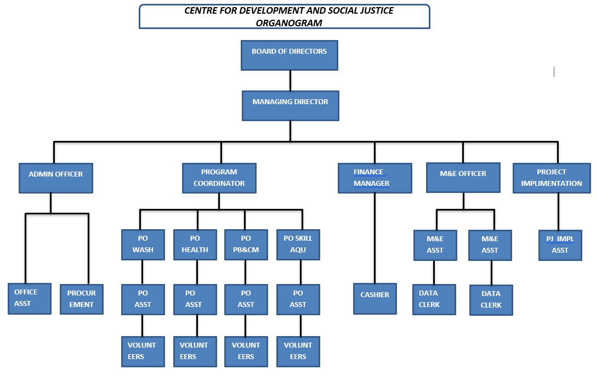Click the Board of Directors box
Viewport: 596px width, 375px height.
coord(289,55)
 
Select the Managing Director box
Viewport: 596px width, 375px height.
coord(291,106)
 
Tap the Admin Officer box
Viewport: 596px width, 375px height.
coord(55,178)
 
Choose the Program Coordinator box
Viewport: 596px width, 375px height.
coord(219,178)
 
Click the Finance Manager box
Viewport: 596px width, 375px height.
coord(374,178)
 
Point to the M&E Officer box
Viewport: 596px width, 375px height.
coord(463,178)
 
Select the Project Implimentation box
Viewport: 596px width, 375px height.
coord(552,178)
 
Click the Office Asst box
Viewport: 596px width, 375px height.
coord(30,299)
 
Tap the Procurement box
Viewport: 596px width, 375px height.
coord(81,299)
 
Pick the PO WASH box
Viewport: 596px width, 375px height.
coord(143,245)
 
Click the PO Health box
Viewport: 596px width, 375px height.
coord(195,245)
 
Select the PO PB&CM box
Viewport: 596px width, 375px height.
coord(246,245)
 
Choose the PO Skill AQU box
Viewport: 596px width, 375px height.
coord(298,245)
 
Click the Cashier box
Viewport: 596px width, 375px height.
coord(374,299)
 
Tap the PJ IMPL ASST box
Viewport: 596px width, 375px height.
coord(560,245)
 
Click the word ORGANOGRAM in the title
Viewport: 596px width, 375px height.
coord(288,23)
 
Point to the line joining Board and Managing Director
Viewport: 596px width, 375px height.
coord(290,81)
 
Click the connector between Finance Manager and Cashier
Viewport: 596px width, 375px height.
coord(374,238)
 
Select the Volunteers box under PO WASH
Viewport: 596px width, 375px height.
coord(143,351)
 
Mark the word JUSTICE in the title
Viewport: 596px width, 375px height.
coord(375,10)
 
